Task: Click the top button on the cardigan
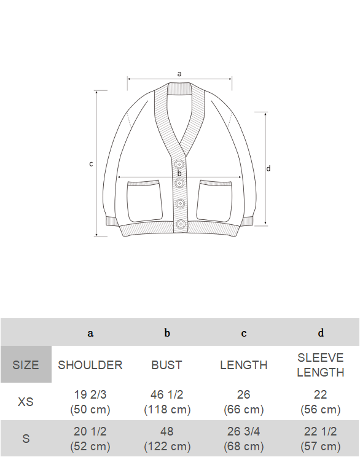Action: [x=179, y=164]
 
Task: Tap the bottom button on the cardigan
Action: [x=181, y=224]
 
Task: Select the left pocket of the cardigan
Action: [x=144, y=201]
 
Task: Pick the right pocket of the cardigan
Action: [x=214, y=201]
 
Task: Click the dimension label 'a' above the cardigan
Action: [x=179, y=74]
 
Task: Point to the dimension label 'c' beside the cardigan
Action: [x=91, y=164]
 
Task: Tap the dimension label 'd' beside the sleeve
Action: [x=268, y=168]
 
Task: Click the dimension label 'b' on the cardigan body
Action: [x=179, y=173]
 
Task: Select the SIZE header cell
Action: [x=26, y=364]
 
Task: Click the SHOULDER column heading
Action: [x=90, y=365]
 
